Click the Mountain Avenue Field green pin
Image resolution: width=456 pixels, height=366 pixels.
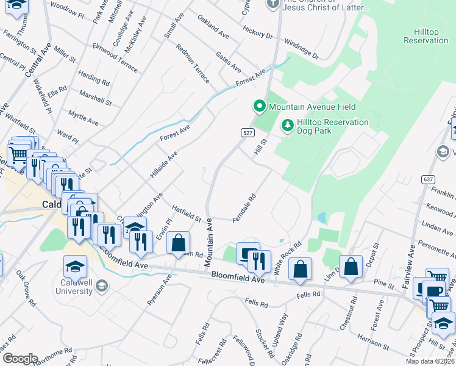pyautogui.click(x=260, y=107)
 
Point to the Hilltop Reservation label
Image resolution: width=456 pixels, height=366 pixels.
pyautogui.click(x=426, y=36)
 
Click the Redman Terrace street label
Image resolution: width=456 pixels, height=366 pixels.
pyautogui.click(x=193, y=63)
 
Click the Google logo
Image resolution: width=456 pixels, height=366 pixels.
pyautogui.click(x=20, y=359)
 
